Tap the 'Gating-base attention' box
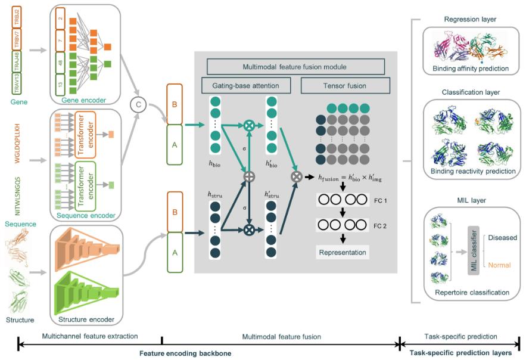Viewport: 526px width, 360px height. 245,86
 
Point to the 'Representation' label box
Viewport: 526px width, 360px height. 342,252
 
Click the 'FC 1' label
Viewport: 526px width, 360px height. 381,201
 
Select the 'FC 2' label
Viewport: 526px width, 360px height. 381,226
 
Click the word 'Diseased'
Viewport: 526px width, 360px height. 502,237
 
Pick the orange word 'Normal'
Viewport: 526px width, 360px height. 499,265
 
